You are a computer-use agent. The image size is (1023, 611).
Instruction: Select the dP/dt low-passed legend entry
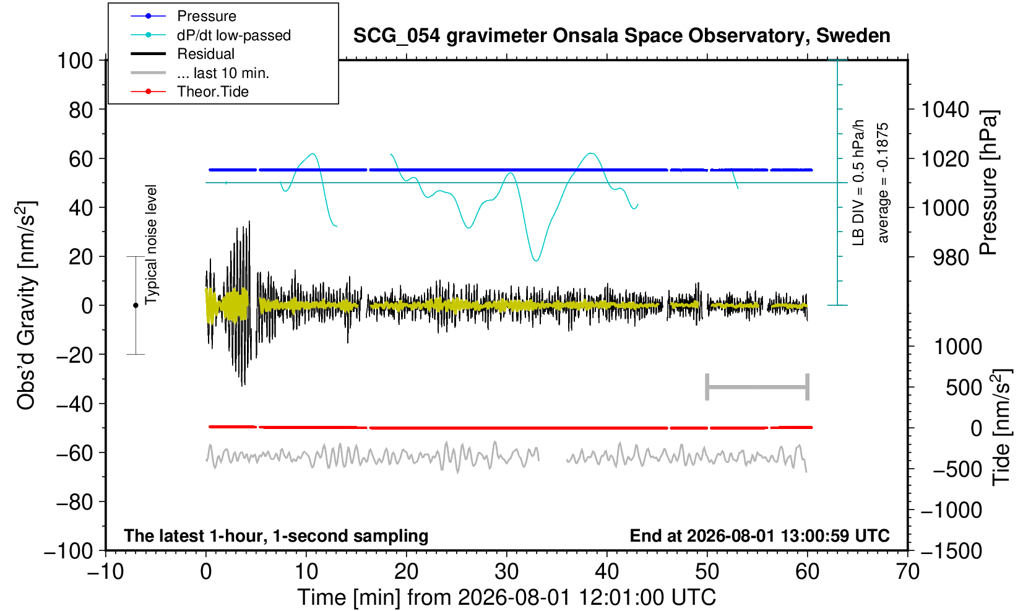(210, 35)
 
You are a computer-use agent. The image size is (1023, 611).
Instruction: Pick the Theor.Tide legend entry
(189, 92)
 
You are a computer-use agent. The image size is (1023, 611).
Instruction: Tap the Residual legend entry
(183, 54)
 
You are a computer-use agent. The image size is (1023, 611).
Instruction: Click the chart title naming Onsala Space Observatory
(621, 36)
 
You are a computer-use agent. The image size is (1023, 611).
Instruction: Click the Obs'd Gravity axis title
(26, 305)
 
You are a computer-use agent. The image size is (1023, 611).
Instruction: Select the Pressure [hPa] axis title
(988, 183)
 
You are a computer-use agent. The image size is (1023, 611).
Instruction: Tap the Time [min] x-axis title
(506, 597)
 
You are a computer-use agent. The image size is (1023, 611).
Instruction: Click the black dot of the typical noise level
(136, 305)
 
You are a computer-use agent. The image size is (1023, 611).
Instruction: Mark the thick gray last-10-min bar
(758, 387)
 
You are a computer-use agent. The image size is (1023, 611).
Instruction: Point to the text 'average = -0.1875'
(883, 183)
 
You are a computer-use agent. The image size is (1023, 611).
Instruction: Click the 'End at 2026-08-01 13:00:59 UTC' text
(759, 535)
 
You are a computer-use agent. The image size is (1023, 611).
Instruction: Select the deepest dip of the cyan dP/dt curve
(536, 261)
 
